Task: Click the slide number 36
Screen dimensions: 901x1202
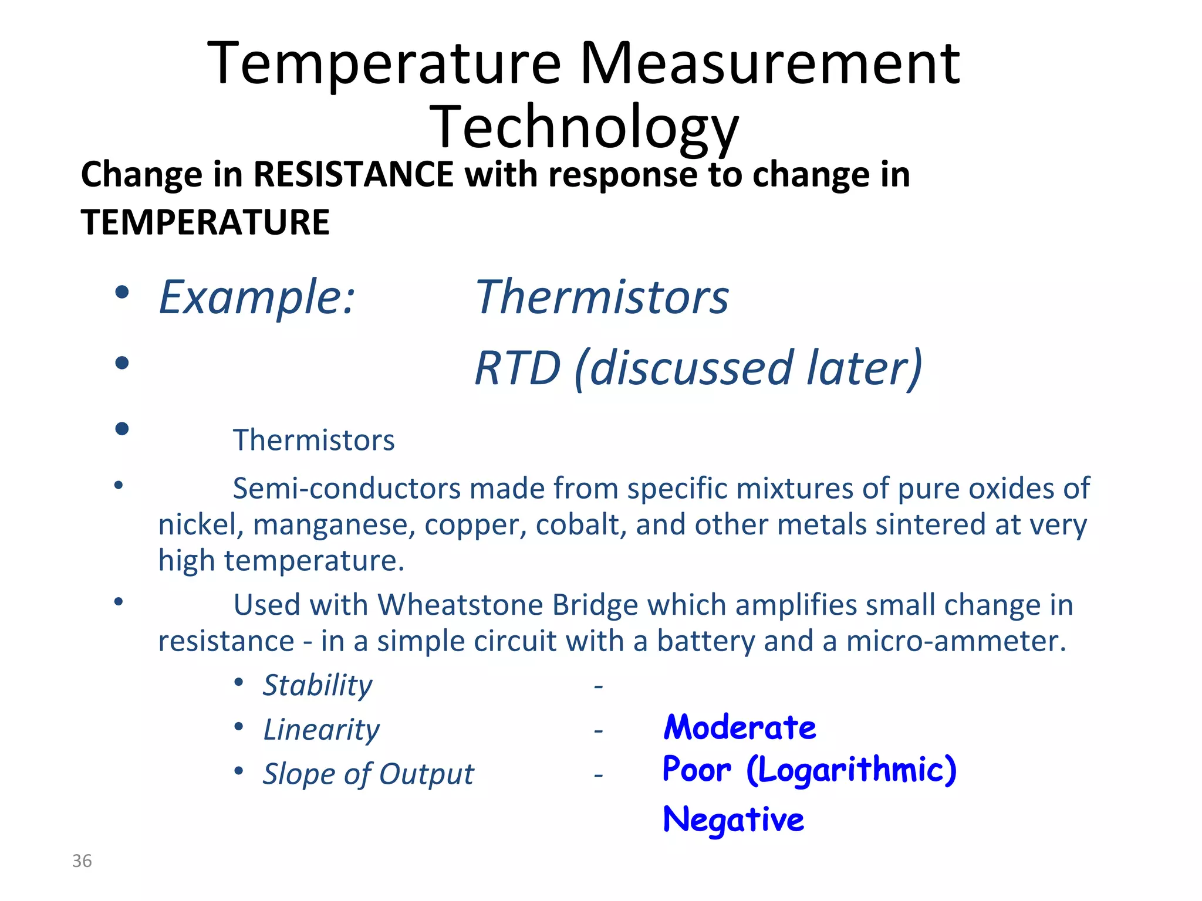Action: point(82,861)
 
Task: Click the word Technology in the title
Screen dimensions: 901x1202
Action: point(584,127)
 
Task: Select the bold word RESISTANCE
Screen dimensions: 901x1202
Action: point(353,174)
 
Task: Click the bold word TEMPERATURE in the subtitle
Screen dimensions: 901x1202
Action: point(205,222)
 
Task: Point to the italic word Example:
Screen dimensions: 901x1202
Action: point(257,297)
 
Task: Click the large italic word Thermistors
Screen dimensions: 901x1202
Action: point(602,297)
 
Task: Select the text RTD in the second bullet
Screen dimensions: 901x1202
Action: point(518,368)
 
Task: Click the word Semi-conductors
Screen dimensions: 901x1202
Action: point(346,488)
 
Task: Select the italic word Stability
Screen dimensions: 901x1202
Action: point(317,685)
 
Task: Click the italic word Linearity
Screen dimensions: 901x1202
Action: point(321,730)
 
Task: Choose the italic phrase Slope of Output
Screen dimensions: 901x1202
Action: point(368,774)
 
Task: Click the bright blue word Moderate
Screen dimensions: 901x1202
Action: point(740,727)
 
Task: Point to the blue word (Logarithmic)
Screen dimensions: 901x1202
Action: point(852,770)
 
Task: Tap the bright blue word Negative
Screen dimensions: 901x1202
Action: point(733,819)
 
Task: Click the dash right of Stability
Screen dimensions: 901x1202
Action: point(598,686)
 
